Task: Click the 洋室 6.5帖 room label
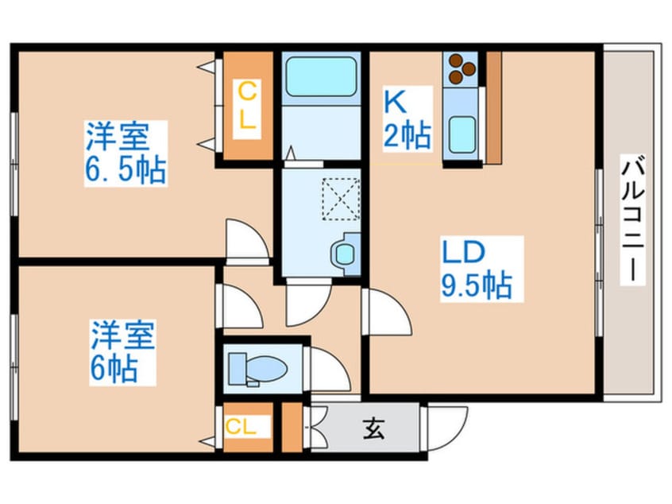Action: click(x=126, y=153)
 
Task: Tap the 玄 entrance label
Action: click(x=373, y=429)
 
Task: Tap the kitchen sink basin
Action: click(x=462, y=133)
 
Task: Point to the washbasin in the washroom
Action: click(x=343, y=254)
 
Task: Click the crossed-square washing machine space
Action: click(x=340, y=198)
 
